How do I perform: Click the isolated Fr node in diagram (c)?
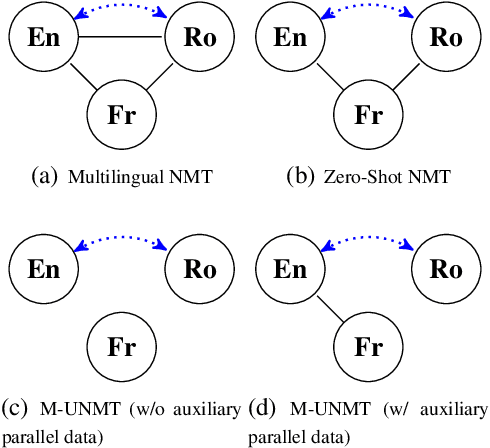(x=115, y=347)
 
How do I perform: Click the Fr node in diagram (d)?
(x=363, y=347)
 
